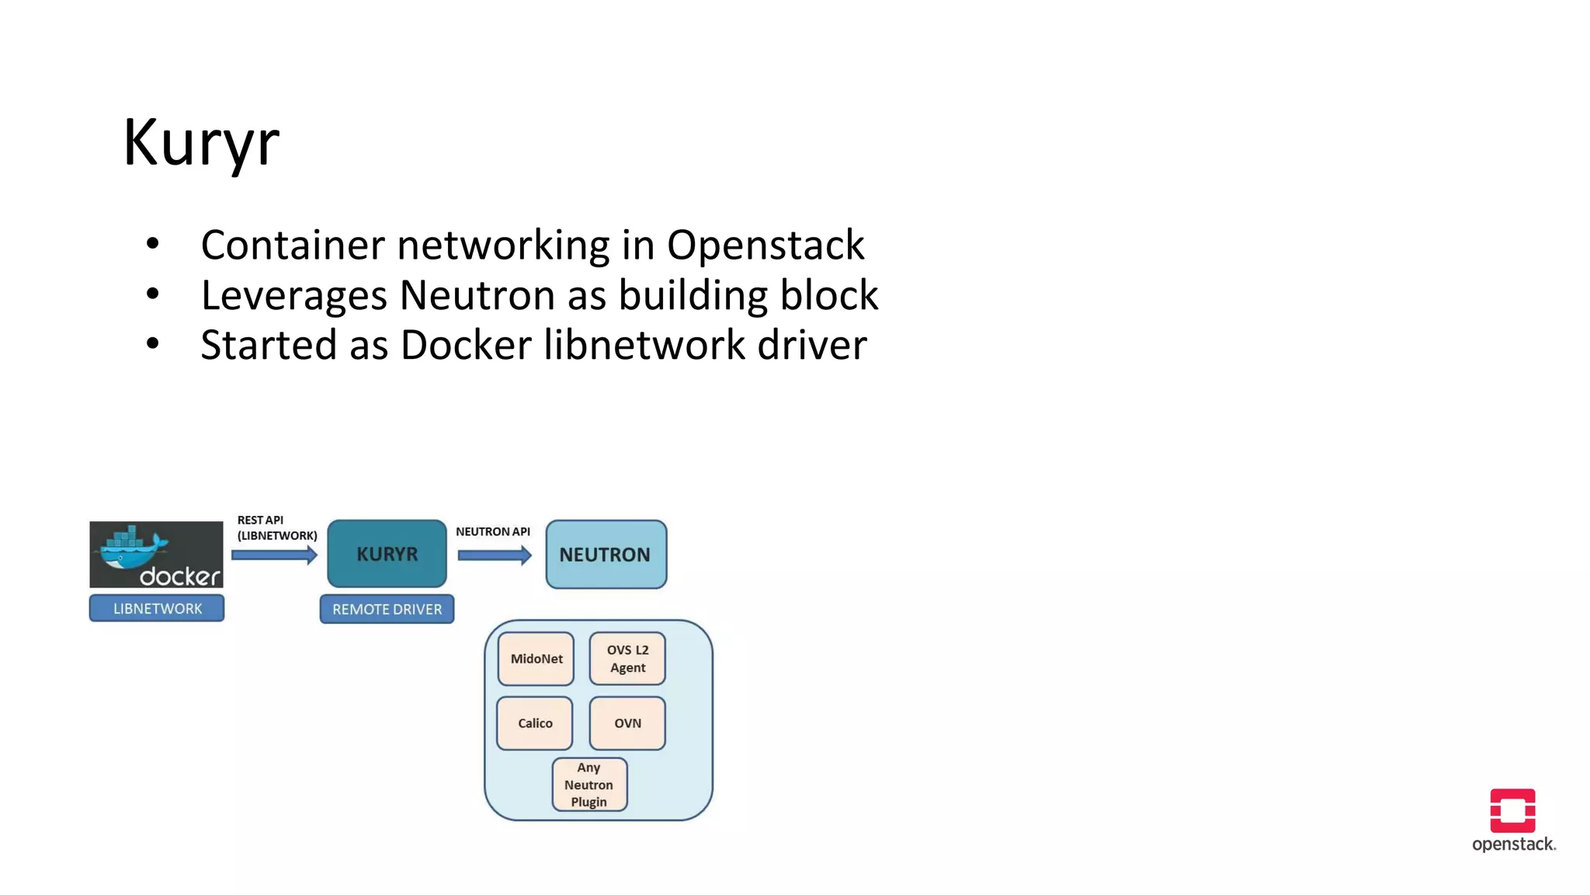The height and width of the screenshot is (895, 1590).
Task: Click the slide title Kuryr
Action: (x=201, y=143)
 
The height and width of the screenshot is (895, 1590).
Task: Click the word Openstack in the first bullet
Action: (x=765, y=246)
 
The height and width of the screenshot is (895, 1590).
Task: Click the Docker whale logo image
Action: (x=156, y=554)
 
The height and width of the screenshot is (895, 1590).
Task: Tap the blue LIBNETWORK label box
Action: (x=157, y=608)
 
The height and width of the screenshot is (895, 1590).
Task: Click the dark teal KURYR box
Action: (x=387, y=554)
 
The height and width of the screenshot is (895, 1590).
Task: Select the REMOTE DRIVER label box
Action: (x=387, y=609)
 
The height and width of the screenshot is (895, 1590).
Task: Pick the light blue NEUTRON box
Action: (x=606, y=555)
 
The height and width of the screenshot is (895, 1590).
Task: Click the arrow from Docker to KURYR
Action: (x=274, y=555)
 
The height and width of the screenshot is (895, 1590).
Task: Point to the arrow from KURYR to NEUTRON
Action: (x=495, y=555)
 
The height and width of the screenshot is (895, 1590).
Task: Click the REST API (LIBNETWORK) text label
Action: (x=276, y=528)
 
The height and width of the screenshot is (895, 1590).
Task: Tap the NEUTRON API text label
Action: (x=492, y=531)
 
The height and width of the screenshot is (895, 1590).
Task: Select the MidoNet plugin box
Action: (x=536, y=659)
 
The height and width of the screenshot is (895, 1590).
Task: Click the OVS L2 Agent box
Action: (x=627, y=659)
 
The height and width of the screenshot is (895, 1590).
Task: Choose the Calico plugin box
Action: (x=535, y=723)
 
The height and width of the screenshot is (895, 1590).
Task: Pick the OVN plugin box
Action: (x=627, y=723)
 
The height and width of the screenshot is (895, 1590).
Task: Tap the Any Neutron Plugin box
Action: (x=589, y=785)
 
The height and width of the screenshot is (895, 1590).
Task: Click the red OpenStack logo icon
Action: (x=1512, y=810)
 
